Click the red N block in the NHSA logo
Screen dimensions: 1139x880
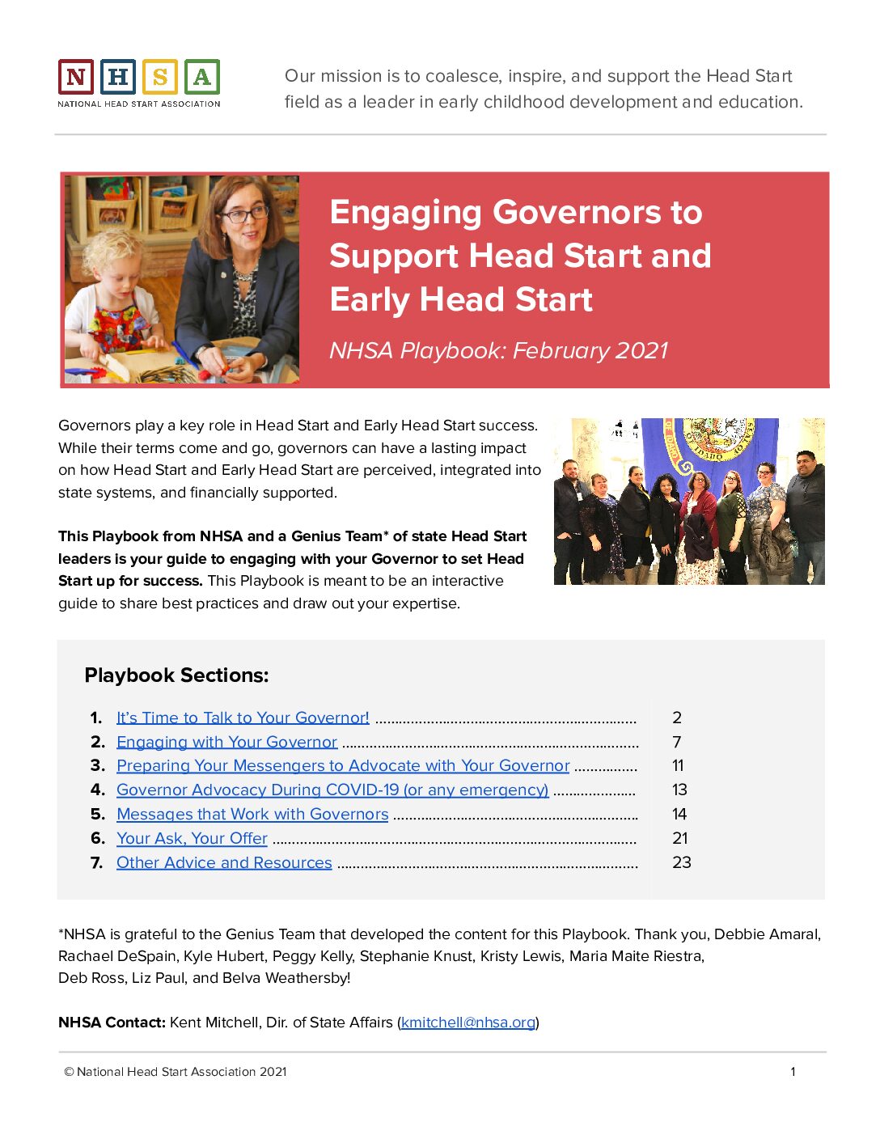coord(76,78)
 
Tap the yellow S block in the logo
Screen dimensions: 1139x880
coord(160,78)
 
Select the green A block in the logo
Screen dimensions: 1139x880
coord(202,78)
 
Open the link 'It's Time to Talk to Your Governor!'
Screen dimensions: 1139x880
coord(243,718)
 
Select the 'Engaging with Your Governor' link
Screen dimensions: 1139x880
coord(226,742)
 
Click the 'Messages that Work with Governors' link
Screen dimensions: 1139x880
coord(252,814)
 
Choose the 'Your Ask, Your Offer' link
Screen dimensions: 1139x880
coord(192,838)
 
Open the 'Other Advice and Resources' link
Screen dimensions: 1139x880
coord(224,862)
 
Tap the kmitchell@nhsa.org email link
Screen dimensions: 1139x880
coord(468,1023)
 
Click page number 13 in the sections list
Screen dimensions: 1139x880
coord(679,790)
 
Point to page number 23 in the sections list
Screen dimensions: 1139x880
coord(681,862)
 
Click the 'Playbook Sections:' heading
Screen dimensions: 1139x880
coord(176,675)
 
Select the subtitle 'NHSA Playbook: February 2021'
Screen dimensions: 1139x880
coord(498,350)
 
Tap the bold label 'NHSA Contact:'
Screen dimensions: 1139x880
coord(112,1023)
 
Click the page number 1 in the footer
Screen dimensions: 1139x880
coord(793,1072)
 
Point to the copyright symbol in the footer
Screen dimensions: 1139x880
coord(69,1072)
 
